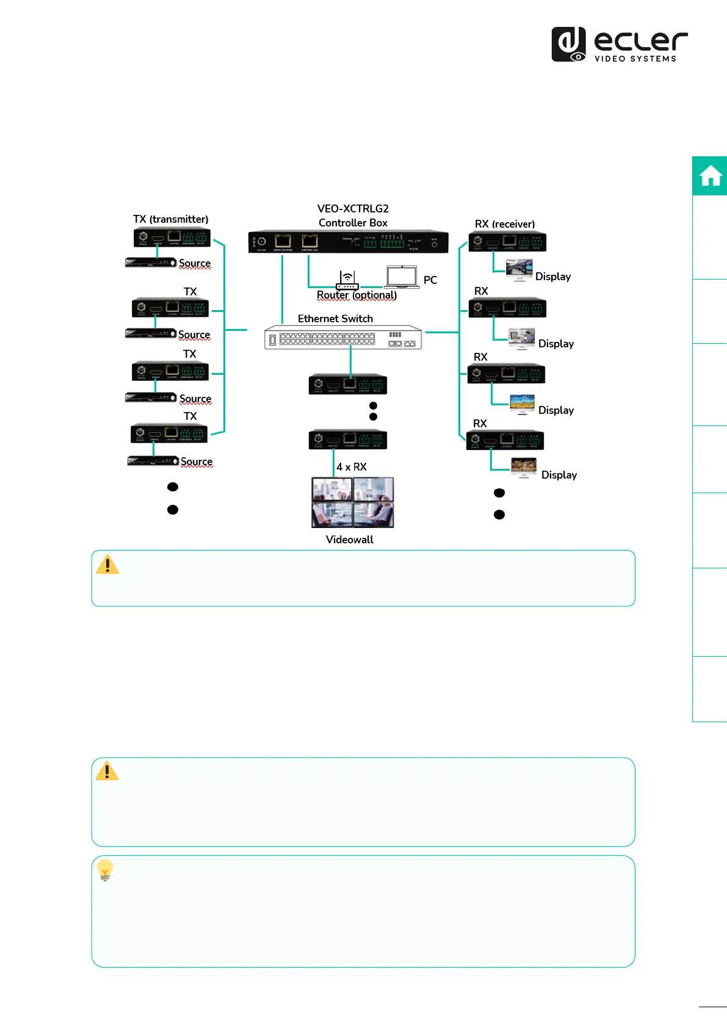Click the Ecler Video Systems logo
[x=619, y=45]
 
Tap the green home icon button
[x=710, y=176]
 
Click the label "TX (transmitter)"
[x=170, y=219]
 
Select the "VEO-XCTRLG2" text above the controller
[x=353, y=209]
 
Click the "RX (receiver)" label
[x=505, y=224]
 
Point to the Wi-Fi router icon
[x=347, y=281]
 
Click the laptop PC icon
[x=402, y=277]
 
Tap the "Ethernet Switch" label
[x=335, y=319]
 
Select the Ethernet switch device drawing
[x=343, y=338]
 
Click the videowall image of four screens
[x=353, y=502]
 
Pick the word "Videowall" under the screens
[x=349, y=540]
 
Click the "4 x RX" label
[x=352, y=467]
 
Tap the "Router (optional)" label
[x=356, y=295]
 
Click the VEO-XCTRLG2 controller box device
[x=348, y=242]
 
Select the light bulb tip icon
[x=105, y=870]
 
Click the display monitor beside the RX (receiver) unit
[x=519, y=269]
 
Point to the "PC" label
[x=430, y=280]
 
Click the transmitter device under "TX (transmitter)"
[x=172, y=237]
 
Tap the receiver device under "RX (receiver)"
[x=507, y=242]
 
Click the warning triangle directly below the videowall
[x=107, y=565]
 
